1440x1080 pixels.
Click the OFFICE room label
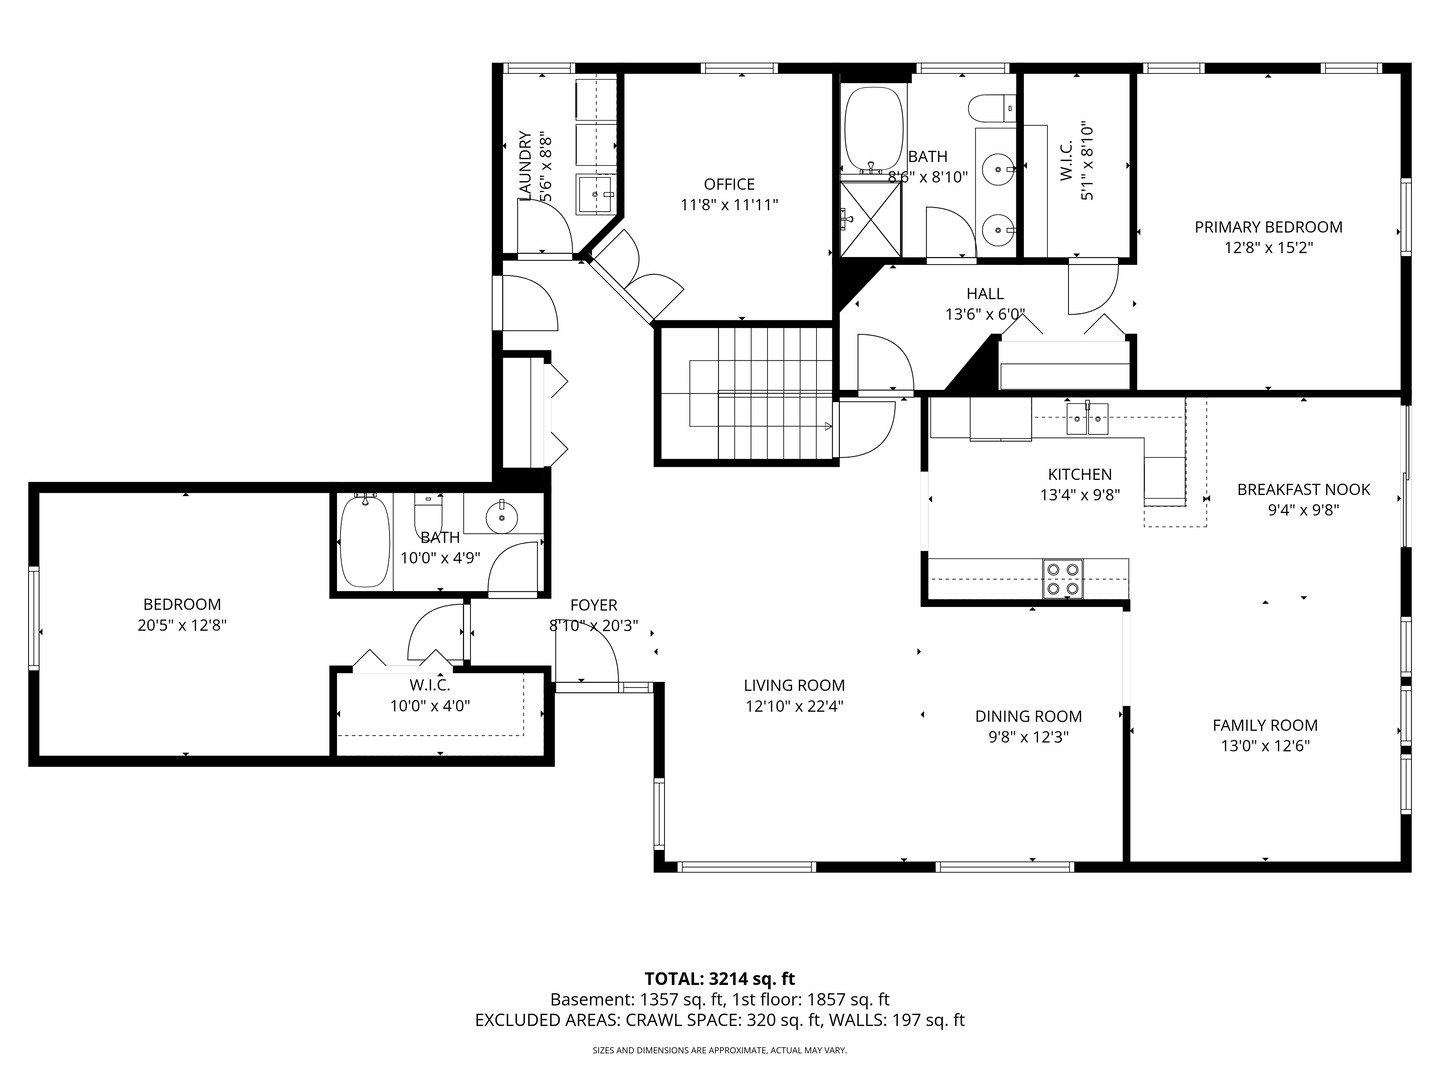point(729,184)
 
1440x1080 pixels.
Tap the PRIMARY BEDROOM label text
point(1268,227)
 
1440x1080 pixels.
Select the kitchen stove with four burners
point(1062,579)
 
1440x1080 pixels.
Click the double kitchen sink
point(1087,418)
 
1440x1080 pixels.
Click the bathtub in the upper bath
point(873,131)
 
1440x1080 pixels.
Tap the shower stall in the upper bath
point(870,217)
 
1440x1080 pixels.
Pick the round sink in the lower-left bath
point(501,516)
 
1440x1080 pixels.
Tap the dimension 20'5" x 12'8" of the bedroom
point(182,625)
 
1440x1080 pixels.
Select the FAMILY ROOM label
point(1265,725)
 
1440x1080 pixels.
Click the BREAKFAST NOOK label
point(1303,489)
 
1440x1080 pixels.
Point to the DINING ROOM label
point(1028,716)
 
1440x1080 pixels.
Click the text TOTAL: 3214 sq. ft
point(719,978)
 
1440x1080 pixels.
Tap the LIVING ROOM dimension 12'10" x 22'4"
point(794,706)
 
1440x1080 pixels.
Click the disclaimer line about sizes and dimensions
point(719,1050)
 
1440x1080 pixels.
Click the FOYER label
point(593,605)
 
